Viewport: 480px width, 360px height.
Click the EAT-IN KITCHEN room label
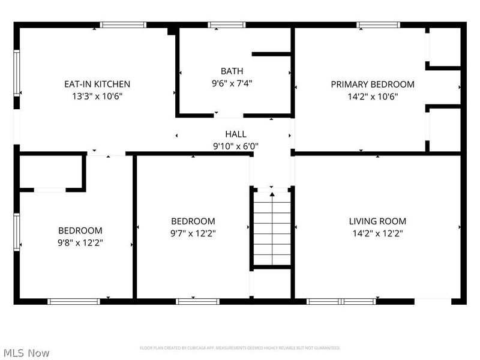(97, 84)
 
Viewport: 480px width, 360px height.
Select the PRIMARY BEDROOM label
(372, 84)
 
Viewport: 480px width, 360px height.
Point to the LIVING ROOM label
(377, 221)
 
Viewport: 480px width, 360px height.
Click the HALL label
(235, 134)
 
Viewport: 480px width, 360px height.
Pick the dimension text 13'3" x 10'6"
(97, 96)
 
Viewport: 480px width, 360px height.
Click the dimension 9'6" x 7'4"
(232, 84)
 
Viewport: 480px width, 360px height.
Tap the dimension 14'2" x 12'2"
(377, 233)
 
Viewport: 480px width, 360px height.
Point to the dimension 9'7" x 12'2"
(193, 233)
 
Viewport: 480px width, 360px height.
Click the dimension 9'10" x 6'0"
(235, 145)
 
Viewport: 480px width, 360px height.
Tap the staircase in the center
(272, 228)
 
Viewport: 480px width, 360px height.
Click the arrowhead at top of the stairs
(272, 193)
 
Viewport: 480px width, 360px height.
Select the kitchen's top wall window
(123, 25)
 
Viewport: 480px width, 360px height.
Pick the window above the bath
(227, 25)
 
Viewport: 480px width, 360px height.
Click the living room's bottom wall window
(332, 301)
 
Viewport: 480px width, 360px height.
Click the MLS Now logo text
(26, 353)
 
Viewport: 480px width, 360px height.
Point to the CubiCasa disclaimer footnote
(240, 348)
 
